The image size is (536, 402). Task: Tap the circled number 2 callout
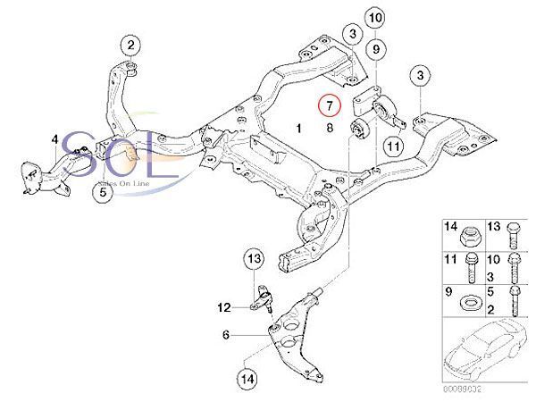[130, 45]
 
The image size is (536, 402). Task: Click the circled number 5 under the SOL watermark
[103, 190]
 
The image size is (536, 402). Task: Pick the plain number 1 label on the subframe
[299, 129]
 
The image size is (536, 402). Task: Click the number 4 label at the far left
[54, 139]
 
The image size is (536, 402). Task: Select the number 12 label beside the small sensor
[224, 307]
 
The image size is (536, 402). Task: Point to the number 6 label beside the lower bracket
[226, 335]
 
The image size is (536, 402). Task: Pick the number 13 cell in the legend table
[495, 226]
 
